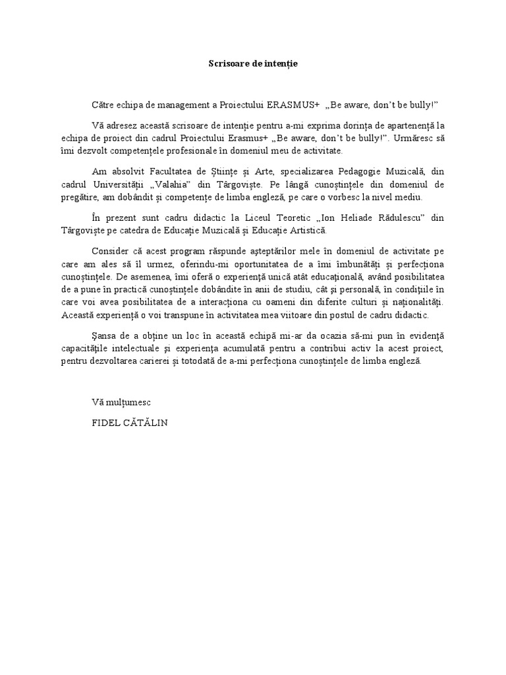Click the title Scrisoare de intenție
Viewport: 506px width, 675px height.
[x=253, y=63]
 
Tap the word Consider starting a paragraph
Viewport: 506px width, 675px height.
[x=112, y=251]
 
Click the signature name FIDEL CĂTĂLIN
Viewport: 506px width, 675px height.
[x=130, y=422]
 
